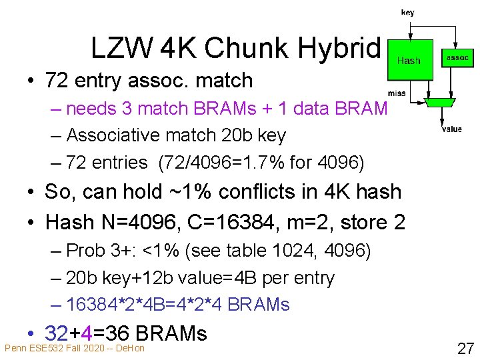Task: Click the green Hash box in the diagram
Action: coord(409,60)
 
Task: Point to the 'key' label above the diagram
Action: coord(407,13)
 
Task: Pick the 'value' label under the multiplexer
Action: coord(451,129)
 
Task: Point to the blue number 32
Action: coord(56,333)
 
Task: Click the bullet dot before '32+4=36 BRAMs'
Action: coord(32,333)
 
